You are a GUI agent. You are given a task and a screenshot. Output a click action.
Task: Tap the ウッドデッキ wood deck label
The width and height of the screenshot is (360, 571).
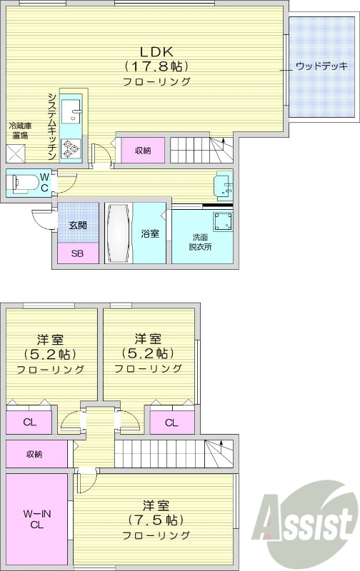pyautogui.click(x=321, y=67)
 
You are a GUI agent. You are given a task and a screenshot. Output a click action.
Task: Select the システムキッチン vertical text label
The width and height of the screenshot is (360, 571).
pyautogui.click(x=52, y=123)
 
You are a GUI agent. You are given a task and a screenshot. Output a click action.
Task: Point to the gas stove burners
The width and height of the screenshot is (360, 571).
pyautogui.click(x=71, y=148)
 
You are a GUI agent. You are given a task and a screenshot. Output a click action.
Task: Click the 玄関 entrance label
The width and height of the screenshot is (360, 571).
pyautogui.click(x=77, y=226)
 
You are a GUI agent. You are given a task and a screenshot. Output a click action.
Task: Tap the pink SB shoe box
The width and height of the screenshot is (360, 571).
pyautogui.click(x=77, y=253)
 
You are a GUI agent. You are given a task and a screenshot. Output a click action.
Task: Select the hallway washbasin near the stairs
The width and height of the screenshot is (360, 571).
pyautogui.click(x=225, y=186)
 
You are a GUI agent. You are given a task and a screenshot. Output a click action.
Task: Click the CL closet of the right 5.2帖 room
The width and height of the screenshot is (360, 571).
pyautogui.click(x=171, y=423)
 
